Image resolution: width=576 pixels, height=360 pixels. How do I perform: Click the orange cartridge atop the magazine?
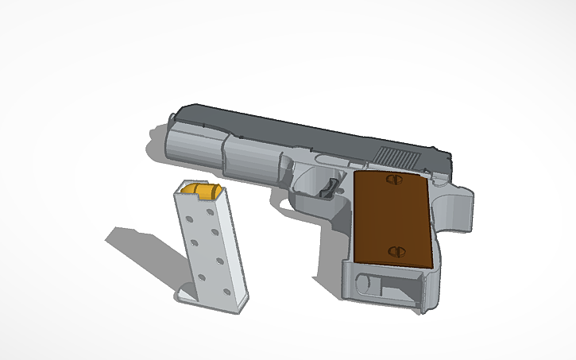(x=202, y=190)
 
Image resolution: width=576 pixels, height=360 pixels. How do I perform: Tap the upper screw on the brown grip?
(x=390, y=180)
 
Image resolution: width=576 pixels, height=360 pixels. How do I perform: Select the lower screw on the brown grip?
(x=396, y=251)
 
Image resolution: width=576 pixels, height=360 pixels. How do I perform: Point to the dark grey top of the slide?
(x=302, y=131)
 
